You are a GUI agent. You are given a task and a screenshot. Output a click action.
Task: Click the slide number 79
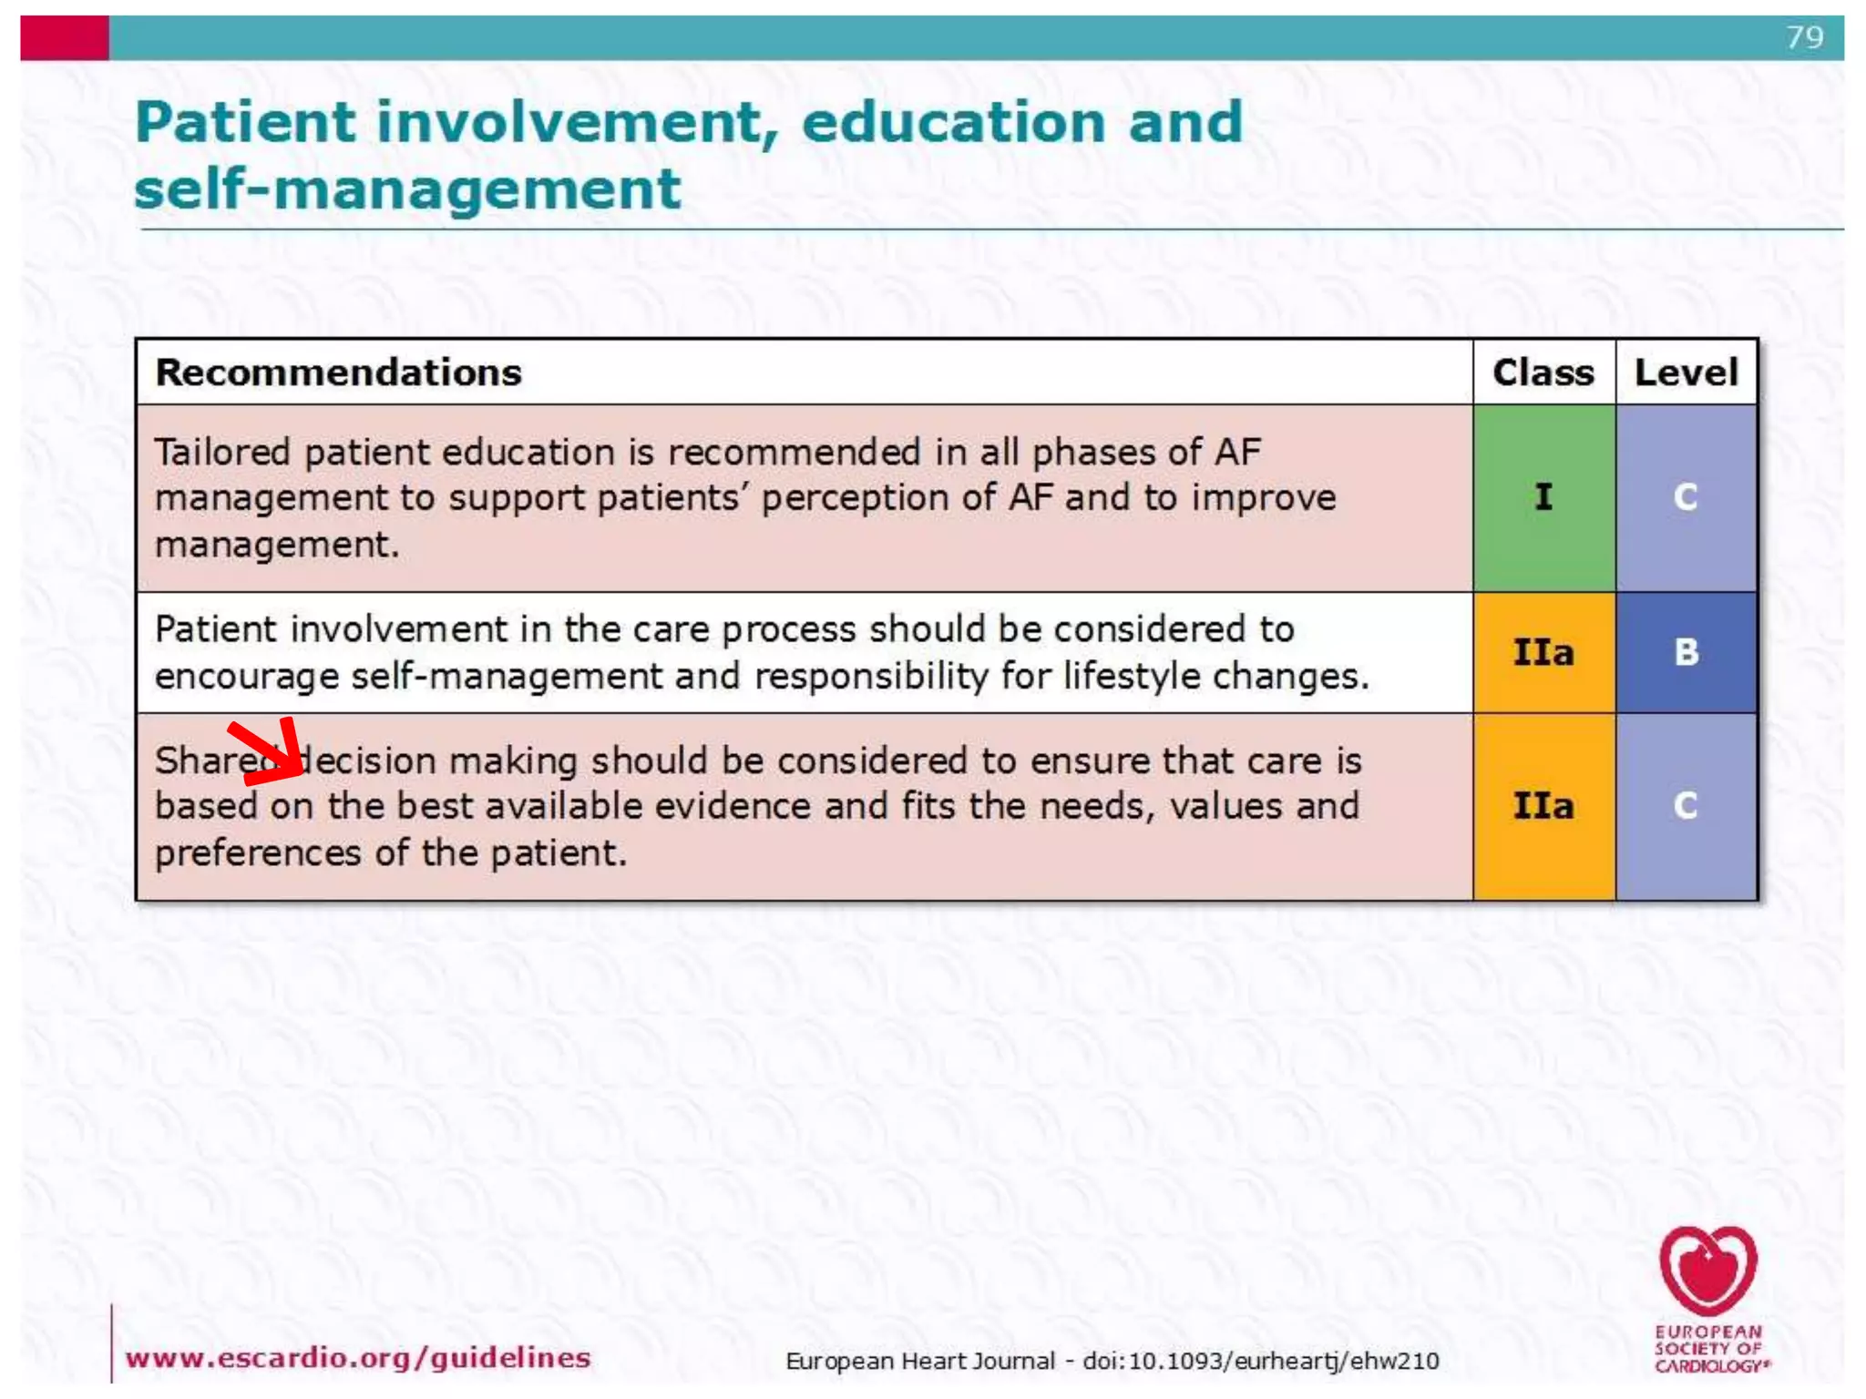pyautogui.click(x=1804, y=37)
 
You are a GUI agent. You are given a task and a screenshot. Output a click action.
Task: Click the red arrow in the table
pyautogui.click(x=270, y=752)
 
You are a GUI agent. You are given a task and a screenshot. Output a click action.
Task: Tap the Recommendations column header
pyautogui.click(x=338, y=373)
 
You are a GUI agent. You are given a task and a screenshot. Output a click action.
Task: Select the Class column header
pyautogui.click(x=1543, y=373)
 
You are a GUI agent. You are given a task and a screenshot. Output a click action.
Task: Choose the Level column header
pyautogui.click(x=1686, y=373)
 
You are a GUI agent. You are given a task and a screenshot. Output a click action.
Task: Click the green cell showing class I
pyautogui.click(x=1543, y=497)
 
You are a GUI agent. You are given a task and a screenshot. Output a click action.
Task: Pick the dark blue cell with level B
pyautogui.click(x=1686, y=652)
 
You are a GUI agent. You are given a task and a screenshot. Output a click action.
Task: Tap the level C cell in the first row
pyautogui.click(x=1686, y=497)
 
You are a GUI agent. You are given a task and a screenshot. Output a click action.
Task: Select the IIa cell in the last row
pyautogui.click(x=1543, y=806)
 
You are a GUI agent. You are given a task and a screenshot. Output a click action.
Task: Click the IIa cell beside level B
pyautogui.click(x=1543, y=652)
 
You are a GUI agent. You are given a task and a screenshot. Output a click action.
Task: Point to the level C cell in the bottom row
pyautogui.click(x=1686, y=806)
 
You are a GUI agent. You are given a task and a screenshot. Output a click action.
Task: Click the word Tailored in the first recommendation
pyautogui.click(x=221, y=453)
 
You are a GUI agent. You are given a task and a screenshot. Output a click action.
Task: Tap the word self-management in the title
pyautogui.click(x=407, y=189)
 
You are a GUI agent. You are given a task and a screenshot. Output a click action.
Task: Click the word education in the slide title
pyautogui.click(x=953, y=122)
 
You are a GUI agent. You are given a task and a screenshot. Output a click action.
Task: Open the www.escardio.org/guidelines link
pyautogui.click(x=358, y=1358)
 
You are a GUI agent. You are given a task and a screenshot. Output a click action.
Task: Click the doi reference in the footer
pyautogui.click(x=1260, y=1361)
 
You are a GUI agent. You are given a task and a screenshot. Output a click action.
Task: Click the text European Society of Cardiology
pyautogui.click(x=1709, y=1349)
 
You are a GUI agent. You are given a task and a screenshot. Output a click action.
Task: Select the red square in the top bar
pyautogui.click(x=65, y=38)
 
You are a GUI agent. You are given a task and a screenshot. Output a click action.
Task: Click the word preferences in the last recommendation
pyautogui.click(x=258, y=853)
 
